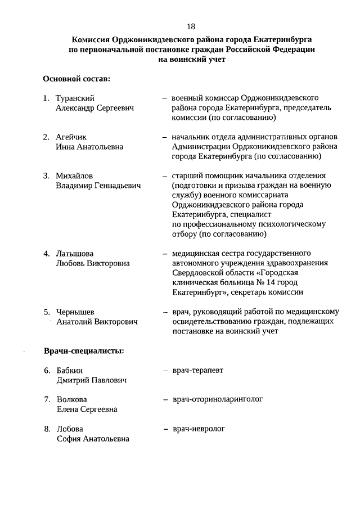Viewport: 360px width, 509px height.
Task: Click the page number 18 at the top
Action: [x=191, y=26]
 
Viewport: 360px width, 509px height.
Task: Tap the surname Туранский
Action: [x=75, y=98]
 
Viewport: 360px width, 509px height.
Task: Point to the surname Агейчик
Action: [x=71, y=137]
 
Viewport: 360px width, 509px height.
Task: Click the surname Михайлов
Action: [x=75, y=175]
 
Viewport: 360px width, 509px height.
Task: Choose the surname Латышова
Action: [x=75, y=253]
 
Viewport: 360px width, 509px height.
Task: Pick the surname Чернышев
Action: [x=75, y=312]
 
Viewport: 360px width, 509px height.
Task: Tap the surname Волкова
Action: [x=71, y=399]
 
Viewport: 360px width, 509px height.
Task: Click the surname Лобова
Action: [x=70, y=429]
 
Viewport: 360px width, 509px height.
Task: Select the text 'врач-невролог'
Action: [x=199, y=429]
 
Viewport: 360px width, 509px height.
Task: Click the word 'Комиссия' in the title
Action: [x=91, y=40]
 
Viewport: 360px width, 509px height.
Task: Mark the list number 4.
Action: [x=47, y=253]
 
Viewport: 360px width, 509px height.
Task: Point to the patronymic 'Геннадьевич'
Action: [x=118, y=185]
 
